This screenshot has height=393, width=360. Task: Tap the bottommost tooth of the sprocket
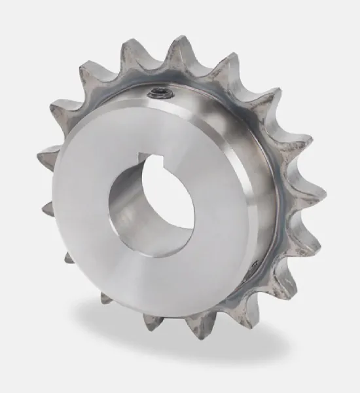point(196,327)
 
